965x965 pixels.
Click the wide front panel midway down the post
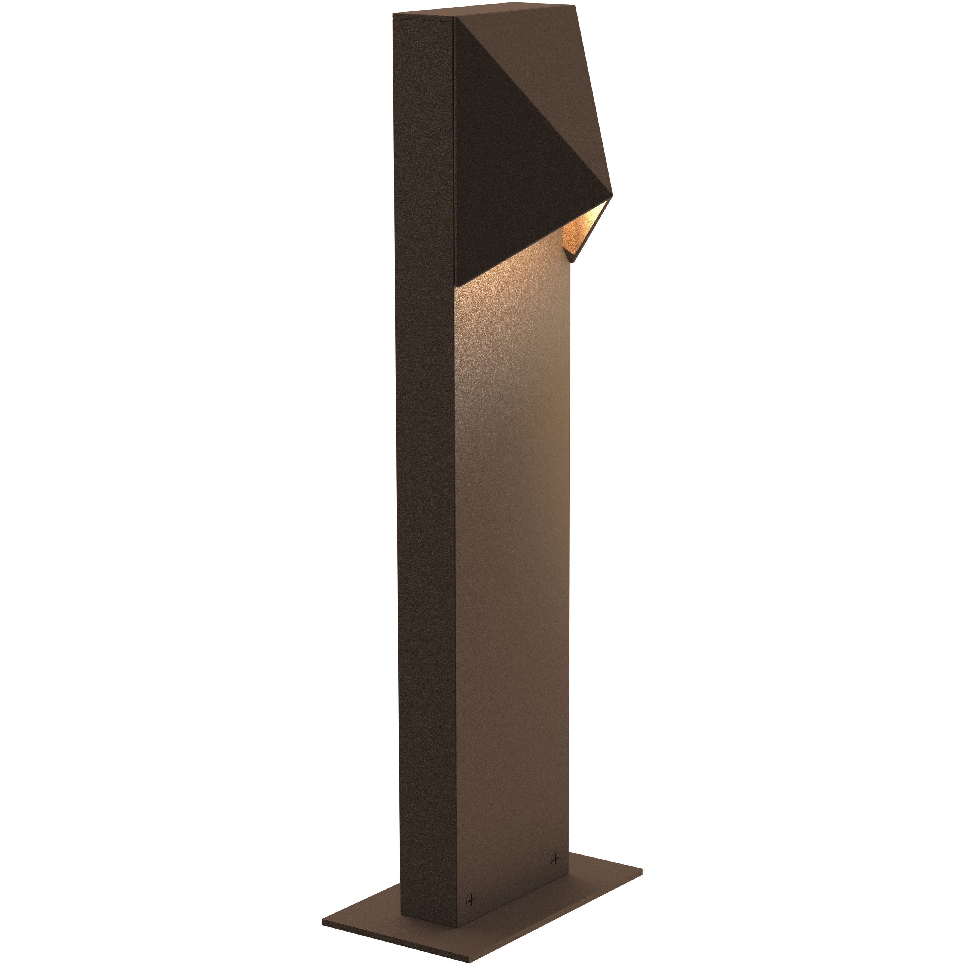tap(512, 549)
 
